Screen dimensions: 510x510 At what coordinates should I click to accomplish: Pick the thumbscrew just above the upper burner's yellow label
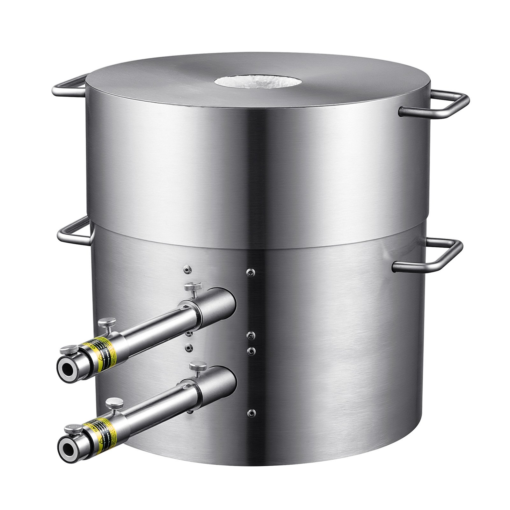click(x=107, y=324)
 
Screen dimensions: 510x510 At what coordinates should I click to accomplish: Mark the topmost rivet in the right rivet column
click(x=251, y=272)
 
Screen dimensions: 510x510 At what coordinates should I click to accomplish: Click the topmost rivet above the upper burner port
click(x=187, y=269)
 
